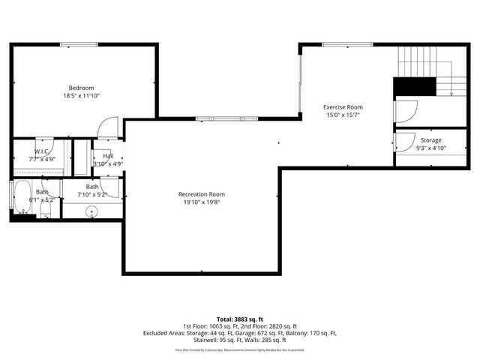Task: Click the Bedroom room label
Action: tap(82, 87)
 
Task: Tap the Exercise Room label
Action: tap(343, 106)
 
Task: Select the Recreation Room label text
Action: tap(202, 194)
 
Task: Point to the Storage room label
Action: tap(430, 140)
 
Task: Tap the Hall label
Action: tap(108, 155)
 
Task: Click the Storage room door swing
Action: tap(405, 140)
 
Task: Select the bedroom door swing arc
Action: tap(109, 126)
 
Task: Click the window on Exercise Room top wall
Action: tap(347, 44)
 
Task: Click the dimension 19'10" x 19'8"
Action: tap(202, 202)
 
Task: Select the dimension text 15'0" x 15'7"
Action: tap(343, 115)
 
